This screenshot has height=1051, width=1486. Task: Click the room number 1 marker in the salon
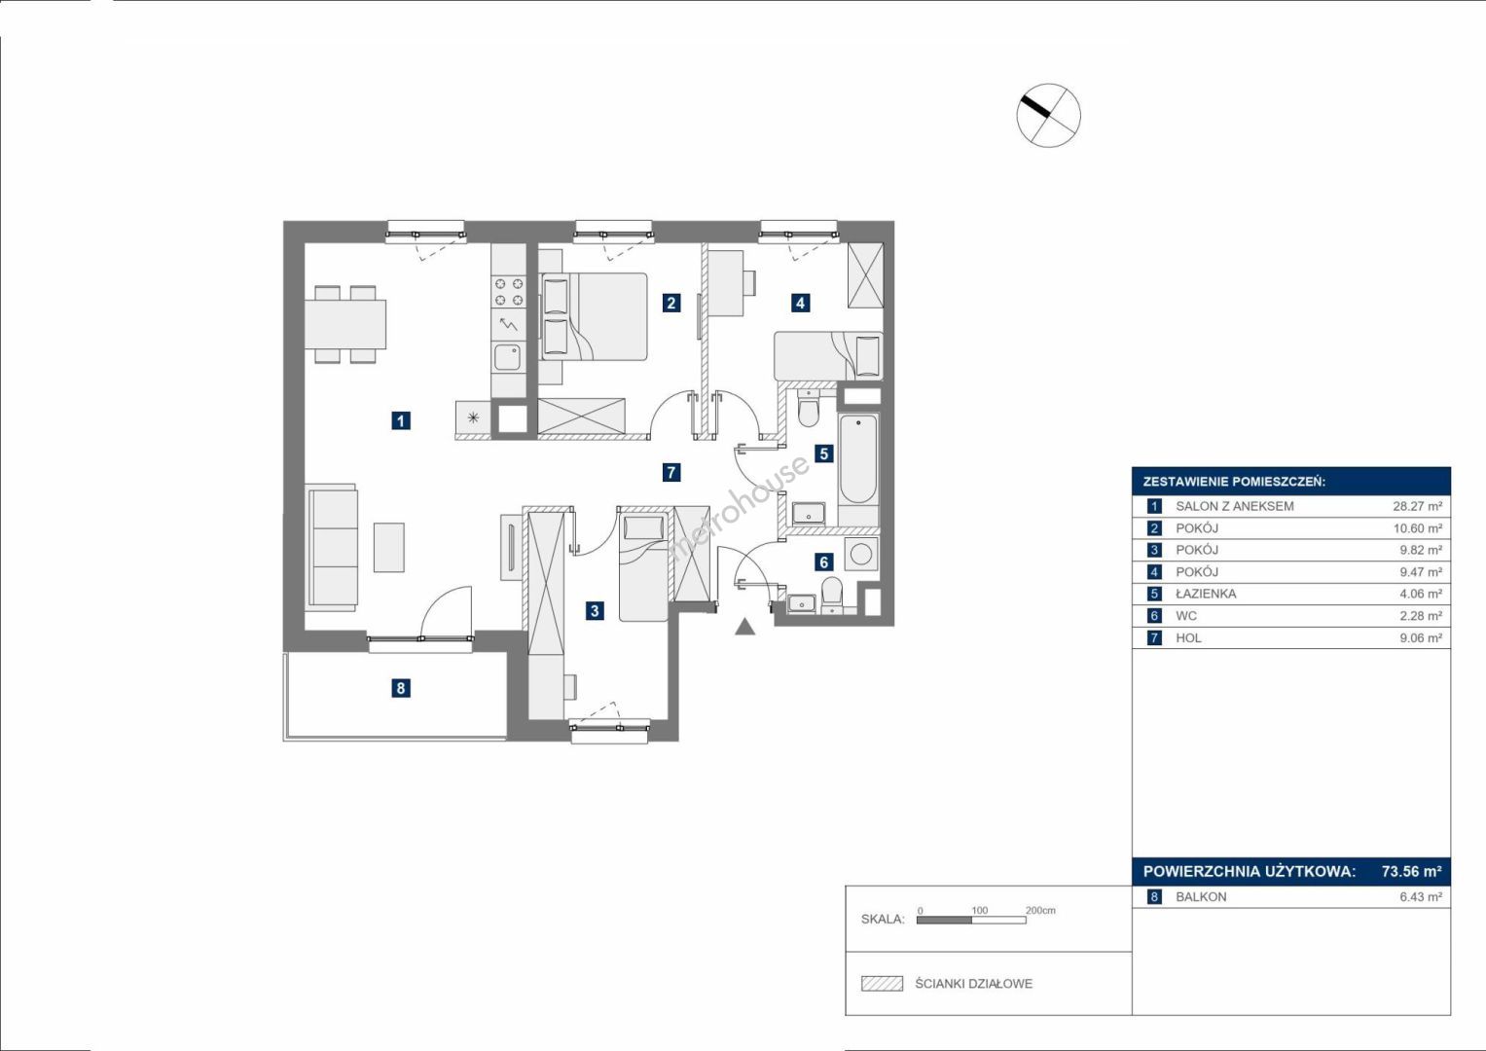coord(400,420)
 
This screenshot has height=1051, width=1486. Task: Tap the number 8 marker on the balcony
coord(400,688)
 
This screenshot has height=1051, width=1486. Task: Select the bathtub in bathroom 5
coord(858,458)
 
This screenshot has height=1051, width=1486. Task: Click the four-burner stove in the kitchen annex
coord(509,292)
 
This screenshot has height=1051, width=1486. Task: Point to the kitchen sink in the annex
coord(507,358)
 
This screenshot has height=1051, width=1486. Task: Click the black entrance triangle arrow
coord(745,627)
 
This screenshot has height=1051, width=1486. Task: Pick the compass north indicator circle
coord(1049,115)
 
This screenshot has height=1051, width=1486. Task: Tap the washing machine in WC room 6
coord(860,554)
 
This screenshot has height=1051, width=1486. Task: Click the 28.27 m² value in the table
coord(1418,506)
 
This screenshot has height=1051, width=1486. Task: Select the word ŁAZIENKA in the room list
coord(1206,594)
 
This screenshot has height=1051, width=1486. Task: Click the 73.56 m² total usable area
coord(1412,871)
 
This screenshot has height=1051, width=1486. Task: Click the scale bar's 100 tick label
coord(980,910)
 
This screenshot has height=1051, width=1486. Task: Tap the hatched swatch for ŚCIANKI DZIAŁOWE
coord(883,984)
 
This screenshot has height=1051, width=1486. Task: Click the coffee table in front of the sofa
coord(388,547)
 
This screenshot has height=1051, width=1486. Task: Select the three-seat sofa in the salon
coord(332,547)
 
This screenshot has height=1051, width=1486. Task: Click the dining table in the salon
coord(345,324)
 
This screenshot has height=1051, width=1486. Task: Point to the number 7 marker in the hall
coord(671,472)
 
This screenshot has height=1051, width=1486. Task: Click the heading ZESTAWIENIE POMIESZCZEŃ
coord(1234,483)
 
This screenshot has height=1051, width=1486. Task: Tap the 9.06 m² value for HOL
coord(1421,638)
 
